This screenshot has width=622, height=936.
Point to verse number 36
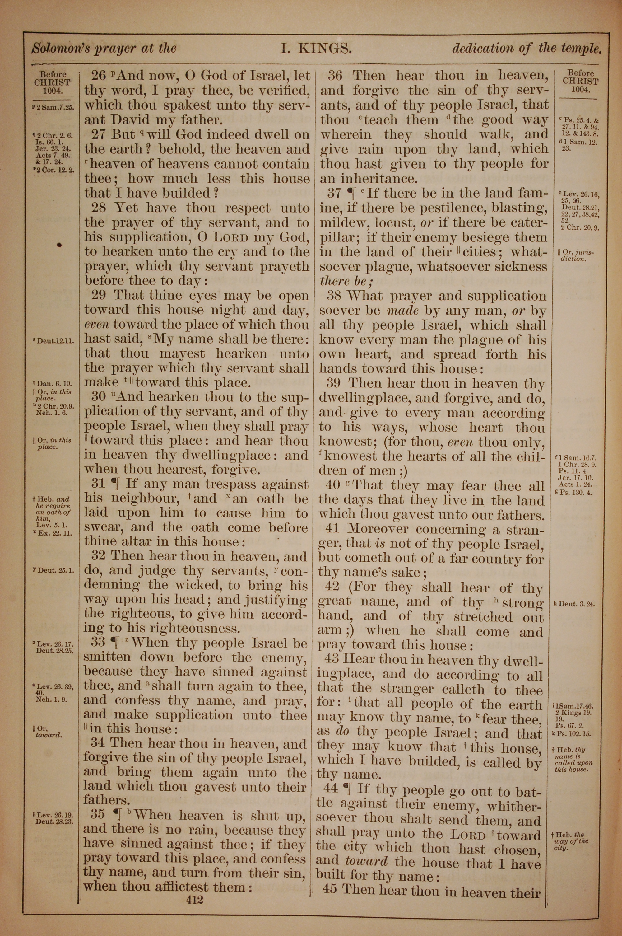point(335,75)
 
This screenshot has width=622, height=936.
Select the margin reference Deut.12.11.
point(56,340)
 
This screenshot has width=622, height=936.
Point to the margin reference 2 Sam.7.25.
point(54,107)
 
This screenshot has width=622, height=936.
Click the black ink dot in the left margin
point(59,245)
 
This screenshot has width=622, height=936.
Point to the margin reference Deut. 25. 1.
point(55,571)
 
